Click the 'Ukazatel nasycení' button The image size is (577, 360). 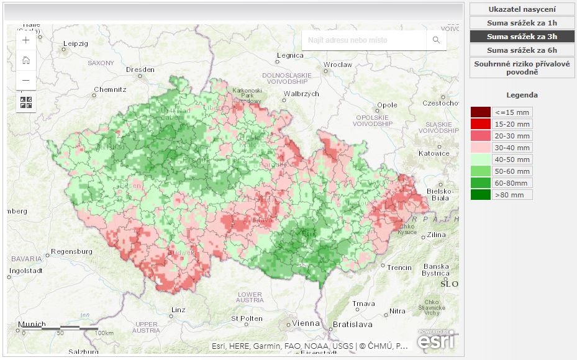tap(522, 9)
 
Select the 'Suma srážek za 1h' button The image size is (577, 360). tap(522, 23)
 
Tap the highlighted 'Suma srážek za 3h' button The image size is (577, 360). tap(522, 37)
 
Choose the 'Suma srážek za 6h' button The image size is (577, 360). tap(522, 50)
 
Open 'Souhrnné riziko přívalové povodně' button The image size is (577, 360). tap(522, 68)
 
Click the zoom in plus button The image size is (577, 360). tap(25, 40)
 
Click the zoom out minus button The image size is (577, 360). tap(25, 80)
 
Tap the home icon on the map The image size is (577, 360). tap(25, 60)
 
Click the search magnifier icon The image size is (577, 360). tap(436, 40)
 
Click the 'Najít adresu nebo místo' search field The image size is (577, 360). tap(363, 40)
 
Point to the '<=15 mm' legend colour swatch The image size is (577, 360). tap(480, 112)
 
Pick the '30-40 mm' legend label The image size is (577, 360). tap(512, 148)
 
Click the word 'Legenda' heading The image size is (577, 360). tap(522, 95)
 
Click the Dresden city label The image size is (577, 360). tap(140, 70)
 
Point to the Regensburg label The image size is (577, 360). tap(71, 251)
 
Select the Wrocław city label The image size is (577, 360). tap(338, 65)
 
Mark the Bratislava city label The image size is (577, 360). tap(352, 324)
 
